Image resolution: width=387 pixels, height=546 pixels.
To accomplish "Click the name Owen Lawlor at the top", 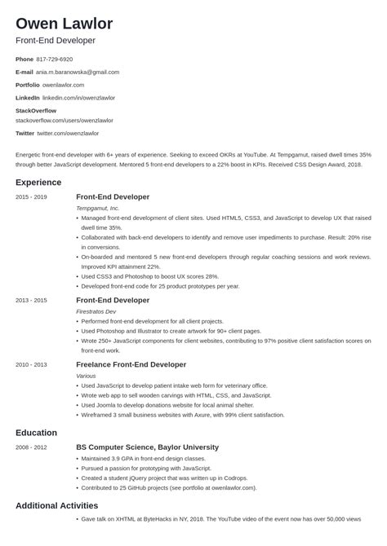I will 64,23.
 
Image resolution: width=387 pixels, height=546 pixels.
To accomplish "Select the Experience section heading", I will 38,183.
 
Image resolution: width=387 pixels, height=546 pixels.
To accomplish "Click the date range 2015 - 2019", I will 31,197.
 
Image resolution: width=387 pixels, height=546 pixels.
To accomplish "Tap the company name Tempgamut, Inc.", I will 97,209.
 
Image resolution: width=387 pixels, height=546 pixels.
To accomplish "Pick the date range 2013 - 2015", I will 31,301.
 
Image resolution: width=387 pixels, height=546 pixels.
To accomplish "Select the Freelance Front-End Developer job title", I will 131,364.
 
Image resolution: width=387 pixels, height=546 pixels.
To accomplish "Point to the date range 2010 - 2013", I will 31,364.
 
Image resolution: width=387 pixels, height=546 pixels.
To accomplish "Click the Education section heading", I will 36,433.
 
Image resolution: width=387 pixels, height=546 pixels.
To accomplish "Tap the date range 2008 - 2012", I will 31,447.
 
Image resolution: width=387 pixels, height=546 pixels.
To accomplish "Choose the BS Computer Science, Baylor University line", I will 147,447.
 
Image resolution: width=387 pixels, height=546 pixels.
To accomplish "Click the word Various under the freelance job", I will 86,376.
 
